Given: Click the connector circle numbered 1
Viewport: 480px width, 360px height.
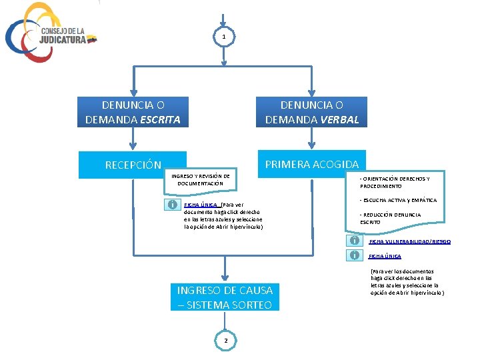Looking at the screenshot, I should tap(225, 37).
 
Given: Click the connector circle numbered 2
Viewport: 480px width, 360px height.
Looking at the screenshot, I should tap(225, 341).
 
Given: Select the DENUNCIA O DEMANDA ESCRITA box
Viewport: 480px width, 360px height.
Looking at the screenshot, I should tap(133, 112).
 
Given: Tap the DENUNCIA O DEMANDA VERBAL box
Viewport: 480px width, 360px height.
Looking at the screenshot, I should tap(311, 112).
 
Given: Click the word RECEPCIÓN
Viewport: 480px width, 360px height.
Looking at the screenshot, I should tap(133, 165).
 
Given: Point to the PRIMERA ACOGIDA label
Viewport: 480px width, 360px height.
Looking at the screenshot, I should tap(311, 164).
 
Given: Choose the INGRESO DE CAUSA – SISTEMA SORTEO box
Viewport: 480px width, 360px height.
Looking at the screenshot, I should tap(225, 297).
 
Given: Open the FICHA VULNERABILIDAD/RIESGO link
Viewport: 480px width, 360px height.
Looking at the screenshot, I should tap(409, 241).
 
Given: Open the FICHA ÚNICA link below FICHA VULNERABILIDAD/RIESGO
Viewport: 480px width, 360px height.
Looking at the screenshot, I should tap(385, 256).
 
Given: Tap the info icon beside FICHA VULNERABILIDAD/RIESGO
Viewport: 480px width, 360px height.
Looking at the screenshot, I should tap(355, 241).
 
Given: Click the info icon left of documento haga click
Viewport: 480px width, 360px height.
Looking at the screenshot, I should tap(171, 205).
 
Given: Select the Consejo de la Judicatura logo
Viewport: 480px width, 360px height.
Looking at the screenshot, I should tap(50, 33).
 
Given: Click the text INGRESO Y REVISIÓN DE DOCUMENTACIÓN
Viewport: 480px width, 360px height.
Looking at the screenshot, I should tap(200, 179).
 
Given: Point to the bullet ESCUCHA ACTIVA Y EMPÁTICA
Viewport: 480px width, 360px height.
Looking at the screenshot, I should tap(398, 200).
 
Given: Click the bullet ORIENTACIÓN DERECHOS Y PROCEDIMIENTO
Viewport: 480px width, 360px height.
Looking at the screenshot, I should tap(394, 183).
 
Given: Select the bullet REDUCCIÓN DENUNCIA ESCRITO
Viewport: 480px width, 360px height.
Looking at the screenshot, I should tap(390, 218).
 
